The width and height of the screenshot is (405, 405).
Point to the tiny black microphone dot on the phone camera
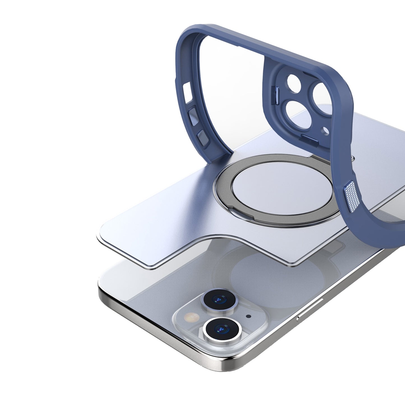point(248,316)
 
